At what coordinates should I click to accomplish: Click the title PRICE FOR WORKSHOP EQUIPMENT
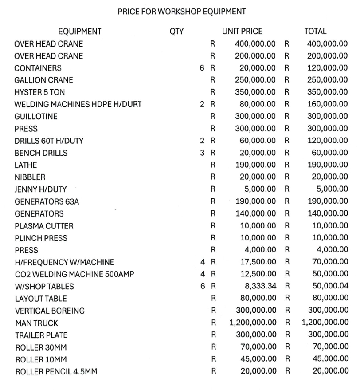tap(182, 11)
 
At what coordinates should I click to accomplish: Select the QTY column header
tap(176, 32)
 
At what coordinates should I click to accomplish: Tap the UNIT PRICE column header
tap(242, 32)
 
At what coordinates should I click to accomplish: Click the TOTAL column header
tap(315, 32)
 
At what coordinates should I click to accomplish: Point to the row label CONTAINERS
tap(38, 68)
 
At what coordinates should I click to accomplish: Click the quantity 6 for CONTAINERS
tap(202, 68)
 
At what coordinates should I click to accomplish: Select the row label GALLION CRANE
tap(43, 80)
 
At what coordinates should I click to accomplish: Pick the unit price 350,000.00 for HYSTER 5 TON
tap(255, 92)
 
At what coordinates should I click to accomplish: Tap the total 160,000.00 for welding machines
tap(327, 105)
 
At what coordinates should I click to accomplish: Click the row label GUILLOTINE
tap(36, 117)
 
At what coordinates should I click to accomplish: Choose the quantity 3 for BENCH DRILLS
tap(202, 153)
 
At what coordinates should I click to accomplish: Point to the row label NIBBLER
tap(30, 177)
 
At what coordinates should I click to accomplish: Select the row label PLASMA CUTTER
tap(44, 226)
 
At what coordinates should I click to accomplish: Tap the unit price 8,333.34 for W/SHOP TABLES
tap(259, 286)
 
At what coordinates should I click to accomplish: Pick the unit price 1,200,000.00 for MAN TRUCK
tap(253, 323)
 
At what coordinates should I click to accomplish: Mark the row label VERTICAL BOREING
tap(50, 311)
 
